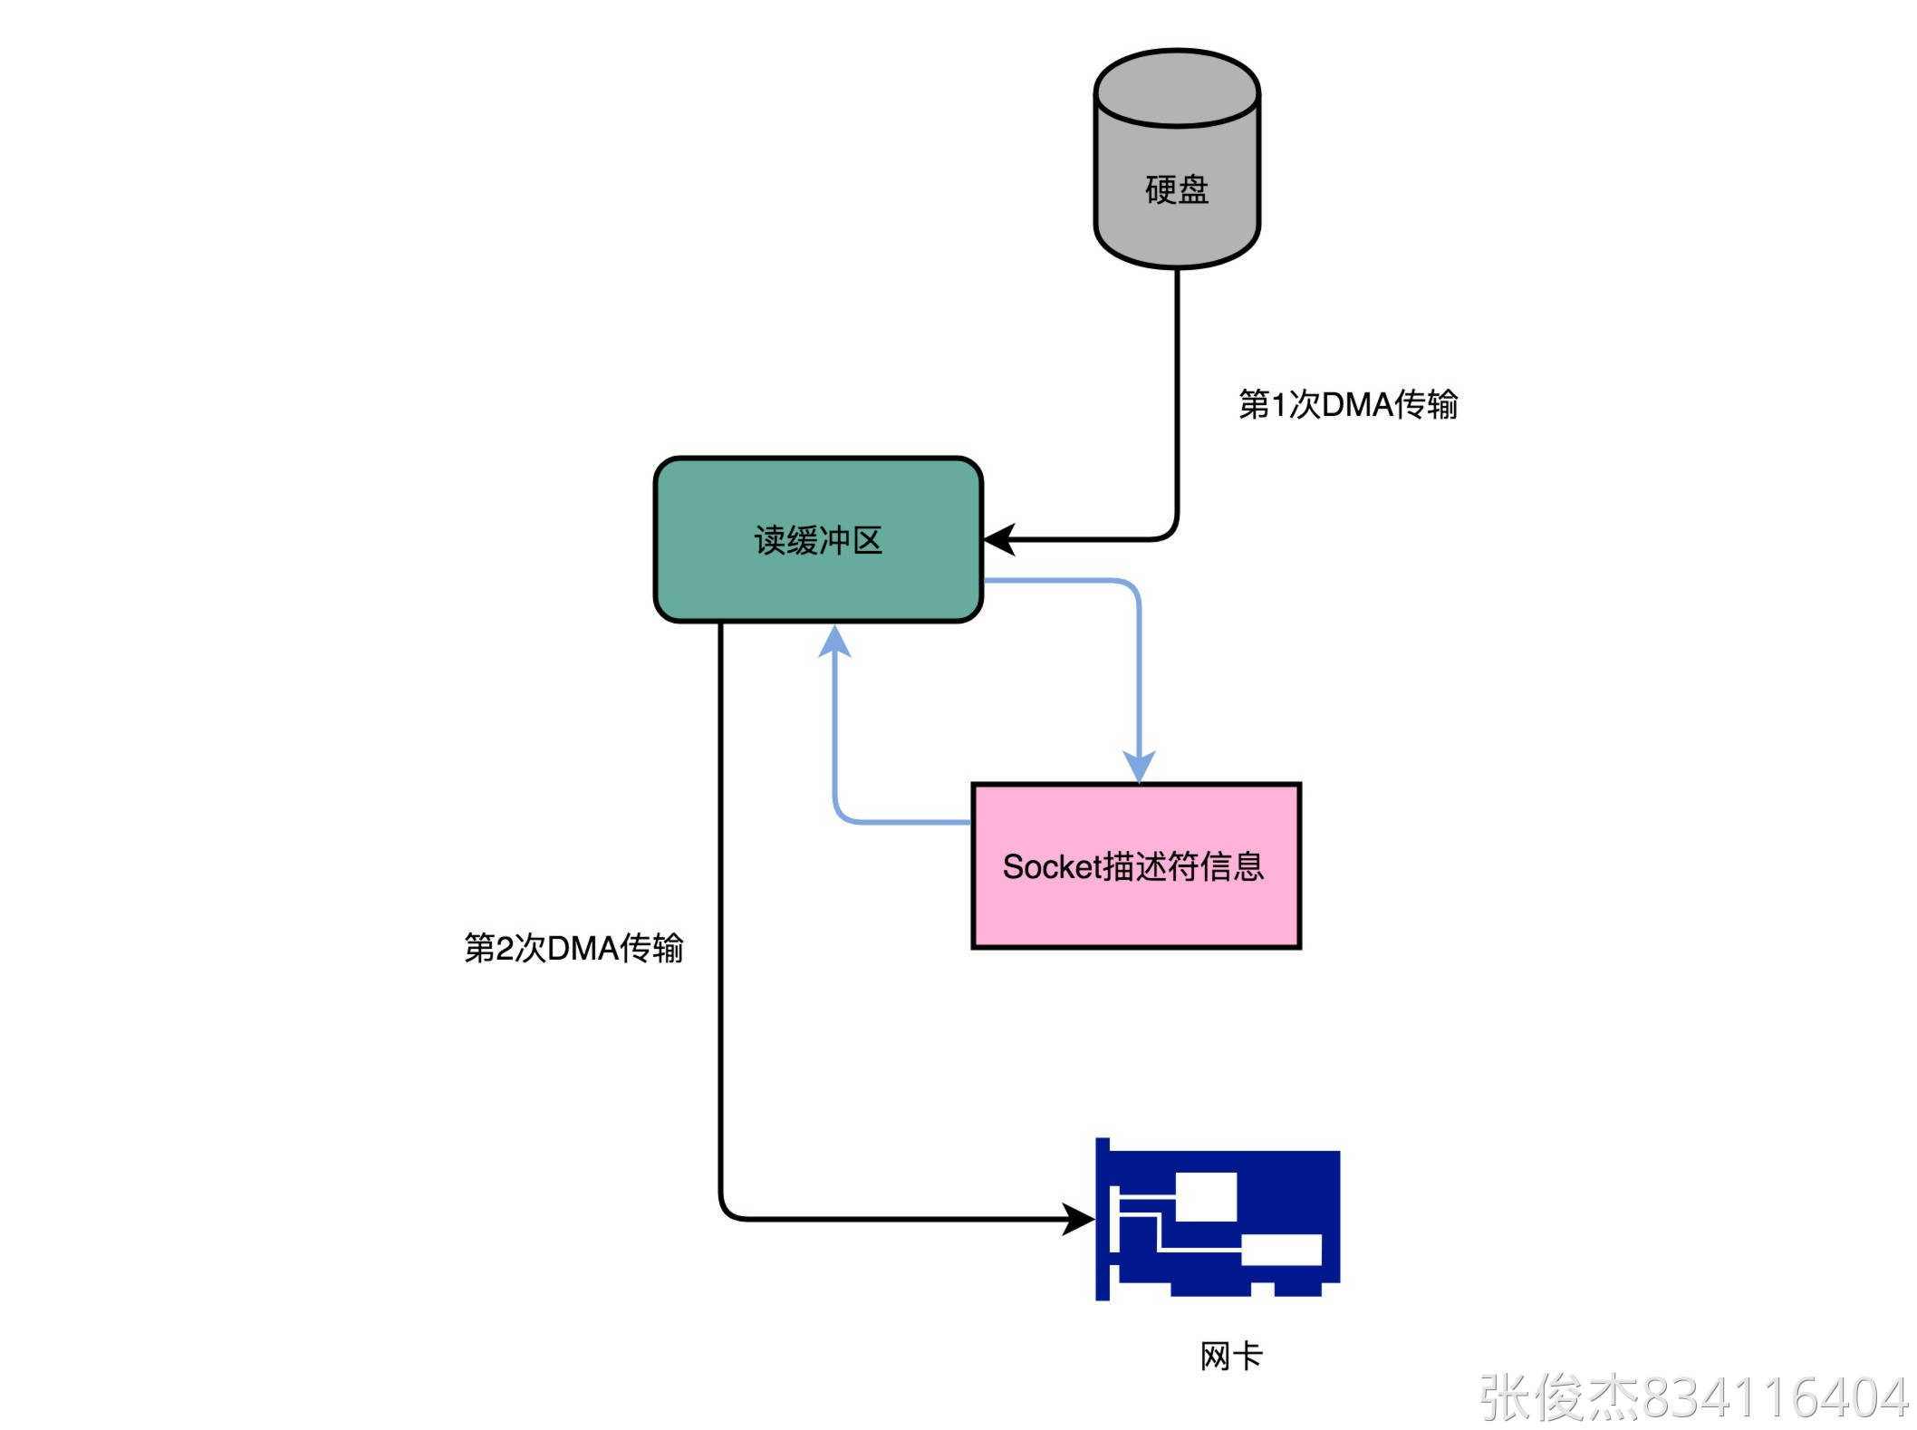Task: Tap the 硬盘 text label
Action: [x=1176, y=190]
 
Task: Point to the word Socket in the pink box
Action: [x=1050, y=867]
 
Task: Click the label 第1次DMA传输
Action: [x=1347, y=404]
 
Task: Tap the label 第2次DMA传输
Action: [x=573, y=948]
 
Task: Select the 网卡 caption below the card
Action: [x=1230, y=1357]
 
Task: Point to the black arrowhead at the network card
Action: [x=1078, y=1219]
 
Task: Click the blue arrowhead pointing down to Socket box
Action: [x=1139, y=767]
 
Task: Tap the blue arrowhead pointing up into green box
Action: [x=834, y=640]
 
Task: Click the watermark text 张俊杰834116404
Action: [x=1694, y=1397]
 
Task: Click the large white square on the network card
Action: [x=1206, y=1196]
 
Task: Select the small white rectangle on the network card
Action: [x=1281, y=1250]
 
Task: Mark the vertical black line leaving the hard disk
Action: [x=1177, y=390]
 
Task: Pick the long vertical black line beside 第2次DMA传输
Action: [x=720, y=906]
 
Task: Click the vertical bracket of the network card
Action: [x=1103, y=1219]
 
